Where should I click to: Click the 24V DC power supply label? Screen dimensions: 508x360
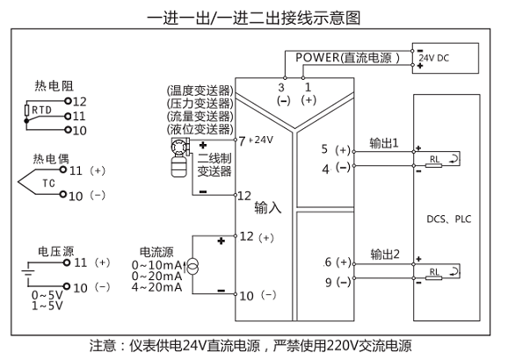[x=434, y=58]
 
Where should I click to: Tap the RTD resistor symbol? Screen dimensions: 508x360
[x=27, y=110]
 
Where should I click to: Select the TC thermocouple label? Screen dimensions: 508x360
[x=48, y=184]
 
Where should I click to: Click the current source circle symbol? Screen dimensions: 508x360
[x=193, y=267]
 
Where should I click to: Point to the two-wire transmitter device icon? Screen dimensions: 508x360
[x=179, y=157]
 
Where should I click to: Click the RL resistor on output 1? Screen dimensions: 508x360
[x=433, y=166]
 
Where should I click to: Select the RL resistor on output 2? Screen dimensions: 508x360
[x=433, y=278]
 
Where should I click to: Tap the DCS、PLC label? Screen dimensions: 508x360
[x=449, y=220]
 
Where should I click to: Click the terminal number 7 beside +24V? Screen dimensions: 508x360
[x=242, y=141]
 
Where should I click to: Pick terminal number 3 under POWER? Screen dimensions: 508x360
[x=281, y=88]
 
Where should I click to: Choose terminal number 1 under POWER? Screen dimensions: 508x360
[x=308, y=87]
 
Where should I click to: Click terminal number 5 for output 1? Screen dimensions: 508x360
[x=324, y=149]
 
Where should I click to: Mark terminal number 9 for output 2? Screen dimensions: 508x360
[x=329, y=282]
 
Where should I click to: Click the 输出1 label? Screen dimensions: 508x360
[x=384, y=143]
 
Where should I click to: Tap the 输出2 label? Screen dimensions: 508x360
[x=385, y=254]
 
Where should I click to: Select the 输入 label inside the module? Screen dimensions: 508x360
[x=268, y=207]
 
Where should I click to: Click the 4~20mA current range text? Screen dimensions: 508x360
[x=156, y=287]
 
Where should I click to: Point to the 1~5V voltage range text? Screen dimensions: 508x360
[x=47, y=306]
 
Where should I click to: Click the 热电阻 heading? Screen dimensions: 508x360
[x=54, y=86]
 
